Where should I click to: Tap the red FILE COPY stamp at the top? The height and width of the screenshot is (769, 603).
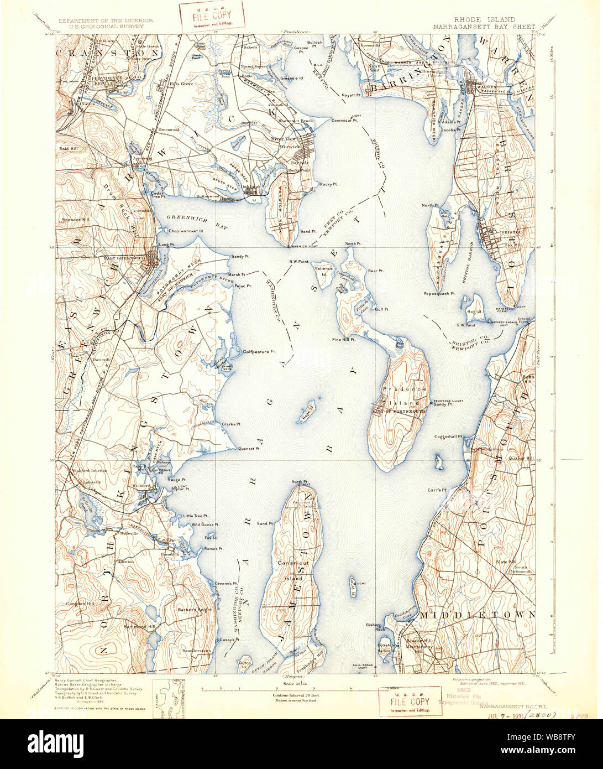click(212, 17)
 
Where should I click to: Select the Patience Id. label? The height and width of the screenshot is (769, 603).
click(324, 271)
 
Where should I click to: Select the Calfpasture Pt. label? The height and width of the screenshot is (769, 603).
click(259, 352)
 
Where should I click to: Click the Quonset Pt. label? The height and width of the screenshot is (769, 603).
click(249, 449)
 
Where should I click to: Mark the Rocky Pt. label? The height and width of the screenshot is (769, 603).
click(328, 184)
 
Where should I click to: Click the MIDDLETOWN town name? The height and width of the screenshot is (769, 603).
click(477, 615)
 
